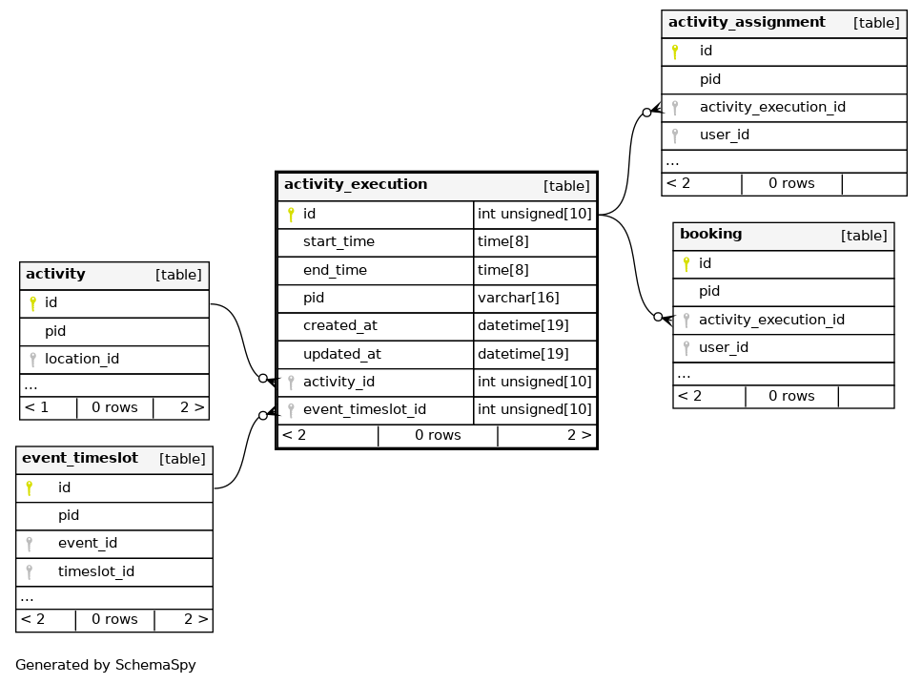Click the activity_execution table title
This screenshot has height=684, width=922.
[356, 185]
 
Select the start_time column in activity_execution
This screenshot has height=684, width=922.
[338, 241]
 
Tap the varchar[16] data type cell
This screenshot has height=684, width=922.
[518, 298]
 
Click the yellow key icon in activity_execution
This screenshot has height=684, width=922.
[291, 214]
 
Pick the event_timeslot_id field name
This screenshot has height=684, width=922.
[364, 409]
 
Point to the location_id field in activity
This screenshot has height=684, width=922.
[82, 359]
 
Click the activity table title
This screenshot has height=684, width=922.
[55, 274]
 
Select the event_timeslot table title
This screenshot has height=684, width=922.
[80, 458]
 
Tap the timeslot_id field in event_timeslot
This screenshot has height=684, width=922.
[96, 571]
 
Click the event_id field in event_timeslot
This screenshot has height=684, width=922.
[88, 544]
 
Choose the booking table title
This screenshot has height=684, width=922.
[711, 234]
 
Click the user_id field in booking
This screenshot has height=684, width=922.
[724, 347]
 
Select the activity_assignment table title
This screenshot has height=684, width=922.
[747, 22]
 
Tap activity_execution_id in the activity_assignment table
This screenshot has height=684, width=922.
[772, 107]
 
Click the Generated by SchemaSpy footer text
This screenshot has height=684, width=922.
[105, 665]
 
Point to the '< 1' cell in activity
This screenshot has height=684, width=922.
[36, 407]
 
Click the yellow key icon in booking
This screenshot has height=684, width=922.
[686, 264]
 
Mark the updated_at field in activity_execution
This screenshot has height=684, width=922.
[341, 354]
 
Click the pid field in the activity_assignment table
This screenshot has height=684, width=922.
[709, 79]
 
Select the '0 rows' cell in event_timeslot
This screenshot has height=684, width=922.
[114, 619]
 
